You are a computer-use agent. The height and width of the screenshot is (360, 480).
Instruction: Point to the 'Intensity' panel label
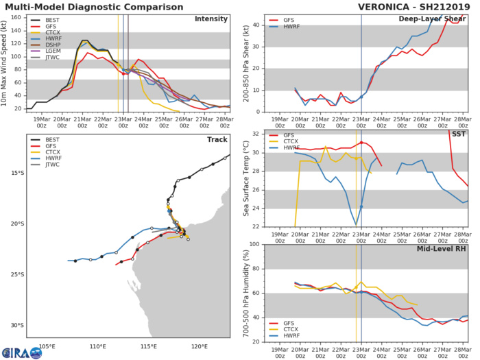[211, 19]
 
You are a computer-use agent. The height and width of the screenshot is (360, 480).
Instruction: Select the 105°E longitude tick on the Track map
[47, 346]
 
